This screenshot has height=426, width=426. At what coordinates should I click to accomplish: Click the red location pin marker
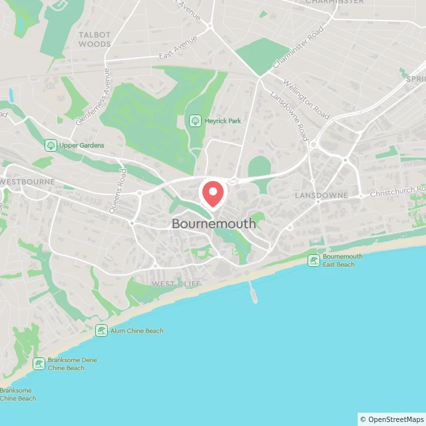(x=213, y=193)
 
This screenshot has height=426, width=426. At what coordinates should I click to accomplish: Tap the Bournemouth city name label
(x=213, y=224)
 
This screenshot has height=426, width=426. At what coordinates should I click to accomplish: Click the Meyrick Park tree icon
(x=195, y=120)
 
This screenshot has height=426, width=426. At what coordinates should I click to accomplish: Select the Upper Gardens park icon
(x=51, y=145)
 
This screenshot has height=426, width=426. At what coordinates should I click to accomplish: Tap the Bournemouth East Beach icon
(x=314, y=260)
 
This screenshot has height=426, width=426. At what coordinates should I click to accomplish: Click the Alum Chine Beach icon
(x=101, y=330)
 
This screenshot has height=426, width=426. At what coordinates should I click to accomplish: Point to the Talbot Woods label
(x=95, y=39)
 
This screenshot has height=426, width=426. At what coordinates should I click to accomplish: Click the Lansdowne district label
(x=321, y=196)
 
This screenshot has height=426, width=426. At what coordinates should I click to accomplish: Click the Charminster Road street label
(x=298, y=49)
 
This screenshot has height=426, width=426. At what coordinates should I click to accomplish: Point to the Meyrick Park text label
(x=222, y=120)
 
